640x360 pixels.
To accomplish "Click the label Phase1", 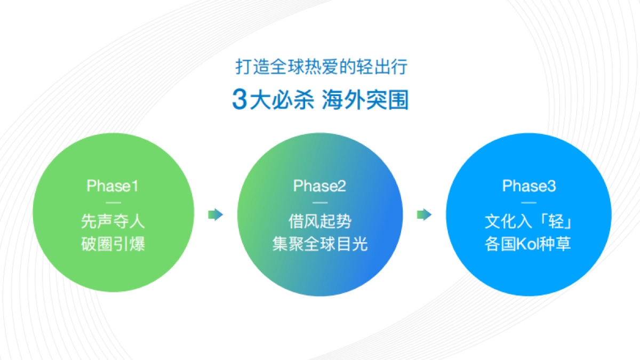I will (x=113, y=186).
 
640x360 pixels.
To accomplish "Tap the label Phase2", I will (x=319, y=186).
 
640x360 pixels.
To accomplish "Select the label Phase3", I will (x=529, y=186).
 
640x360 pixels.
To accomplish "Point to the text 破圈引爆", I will (x=113, y=244).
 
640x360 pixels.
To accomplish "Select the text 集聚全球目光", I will (x=319, y=244).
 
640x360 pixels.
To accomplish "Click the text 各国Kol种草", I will (x=529, y=244).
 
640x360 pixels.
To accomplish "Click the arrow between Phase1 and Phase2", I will (x=215, y=215).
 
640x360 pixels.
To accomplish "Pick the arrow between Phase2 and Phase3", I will (x=424, y=215).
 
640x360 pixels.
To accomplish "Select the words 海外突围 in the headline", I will (x=365, y=99).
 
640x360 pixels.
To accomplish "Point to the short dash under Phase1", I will (x=113, y=203).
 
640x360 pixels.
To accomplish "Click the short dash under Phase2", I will (x=319, y=203).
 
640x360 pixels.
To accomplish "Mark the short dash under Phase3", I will (x=529, y=203).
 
